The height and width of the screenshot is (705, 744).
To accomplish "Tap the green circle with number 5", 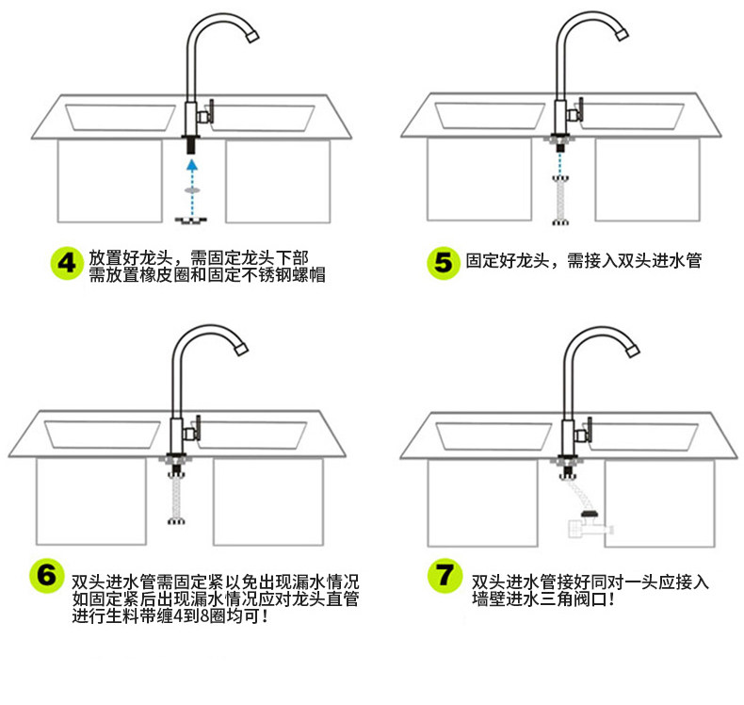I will pos(442,263).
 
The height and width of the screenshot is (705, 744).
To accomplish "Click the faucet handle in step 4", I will pos(212,112).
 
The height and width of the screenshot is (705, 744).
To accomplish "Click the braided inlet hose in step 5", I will pos(558,199).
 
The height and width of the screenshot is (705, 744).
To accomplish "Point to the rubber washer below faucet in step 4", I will pos(192,190).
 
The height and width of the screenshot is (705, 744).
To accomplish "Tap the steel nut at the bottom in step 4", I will pos(192,220).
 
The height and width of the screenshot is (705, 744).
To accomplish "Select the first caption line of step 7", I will pos(590,581).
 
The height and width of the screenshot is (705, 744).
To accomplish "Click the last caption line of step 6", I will pos(170,617).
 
